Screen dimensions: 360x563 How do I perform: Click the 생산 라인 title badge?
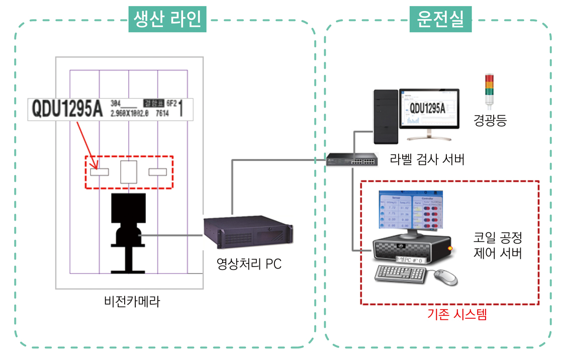click(167, 19)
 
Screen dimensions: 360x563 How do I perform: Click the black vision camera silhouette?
click(128, 231)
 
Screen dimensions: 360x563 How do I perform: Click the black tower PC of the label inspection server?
click(385, 117)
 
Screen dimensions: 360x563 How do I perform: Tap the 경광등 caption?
click(490, 121)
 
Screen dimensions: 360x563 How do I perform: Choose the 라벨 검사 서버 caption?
click(427, 159)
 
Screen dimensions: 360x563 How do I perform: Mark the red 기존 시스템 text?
click(457, 315)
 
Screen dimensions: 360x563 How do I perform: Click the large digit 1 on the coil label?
click(181, 109)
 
